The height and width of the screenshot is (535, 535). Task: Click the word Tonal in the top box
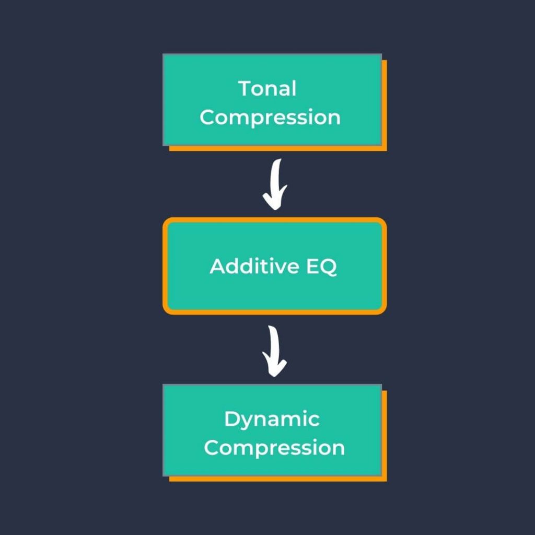(267, 89)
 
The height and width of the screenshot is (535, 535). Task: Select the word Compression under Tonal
(270, 118)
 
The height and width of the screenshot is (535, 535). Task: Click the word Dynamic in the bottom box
(272, 420)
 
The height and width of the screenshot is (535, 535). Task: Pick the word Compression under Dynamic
(274, 448)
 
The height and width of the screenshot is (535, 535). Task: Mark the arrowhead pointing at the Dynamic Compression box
(274, 369)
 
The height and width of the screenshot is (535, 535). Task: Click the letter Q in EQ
(328, 267)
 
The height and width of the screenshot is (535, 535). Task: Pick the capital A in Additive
(218, 266)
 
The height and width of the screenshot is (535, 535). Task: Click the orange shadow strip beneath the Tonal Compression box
(277, 148)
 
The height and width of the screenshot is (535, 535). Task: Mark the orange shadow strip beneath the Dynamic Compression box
(277, 479)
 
